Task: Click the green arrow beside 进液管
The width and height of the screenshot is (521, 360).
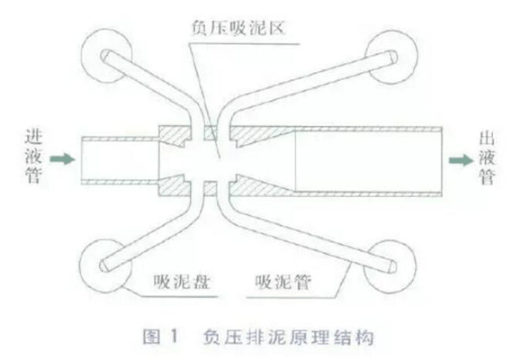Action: click(x=62, y=159)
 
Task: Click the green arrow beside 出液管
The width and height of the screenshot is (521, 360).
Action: click(x=462, y=160)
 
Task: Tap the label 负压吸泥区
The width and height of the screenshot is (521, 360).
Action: click(x=238, y=28)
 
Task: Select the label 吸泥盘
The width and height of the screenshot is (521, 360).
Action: click(x=182, y=282)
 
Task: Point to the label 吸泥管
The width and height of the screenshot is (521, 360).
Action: click(x=283, y=283)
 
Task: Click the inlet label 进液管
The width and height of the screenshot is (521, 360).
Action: click(x=33, y=157)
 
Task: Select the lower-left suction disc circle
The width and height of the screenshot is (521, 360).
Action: click(x=80, y=265)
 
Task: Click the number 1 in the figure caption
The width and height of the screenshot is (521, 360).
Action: click(x=174, y=337)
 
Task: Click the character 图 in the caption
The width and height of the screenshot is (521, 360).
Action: click(x=151, y=337)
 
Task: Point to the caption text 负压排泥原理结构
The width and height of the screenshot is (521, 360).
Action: click(x=289, y=337)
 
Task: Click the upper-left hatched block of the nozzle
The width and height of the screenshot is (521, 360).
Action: click(x=175, y=136)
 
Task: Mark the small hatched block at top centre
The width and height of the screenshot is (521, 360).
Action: click(x=211, y=133)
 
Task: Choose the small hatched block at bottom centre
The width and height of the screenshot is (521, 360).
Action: click(x=211, y=188)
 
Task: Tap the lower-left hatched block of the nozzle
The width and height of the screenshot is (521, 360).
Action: click(x=175, y=185)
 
